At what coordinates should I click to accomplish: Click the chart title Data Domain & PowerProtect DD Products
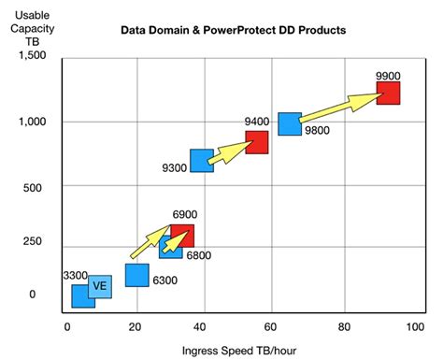click(234, 30)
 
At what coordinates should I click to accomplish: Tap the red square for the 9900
click(388, 93)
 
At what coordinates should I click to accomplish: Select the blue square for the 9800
click(290, 123)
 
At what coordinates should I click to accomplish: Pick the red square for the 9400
click(257, 141)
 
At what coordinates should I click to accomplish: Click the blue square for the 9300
click(202, 160)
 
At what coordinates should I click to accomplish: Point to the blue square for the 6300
click(137, 274)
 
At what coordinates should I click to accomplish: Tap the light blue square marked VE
click(100, 286)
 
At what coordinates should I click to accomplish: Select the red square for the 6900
click(182, 235)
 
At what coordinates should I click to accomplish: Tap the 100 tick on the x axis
click(411, 326)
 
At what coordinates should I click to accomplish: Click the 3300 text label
click(76, 276)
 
